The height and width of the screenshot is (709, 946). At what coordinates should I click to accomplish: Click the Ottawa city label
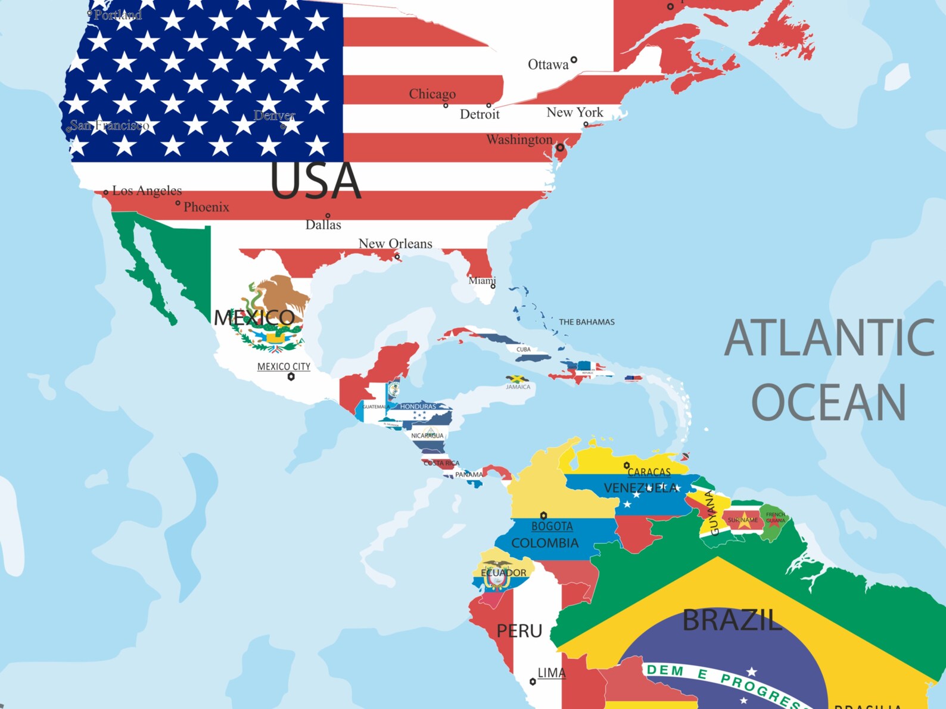pos(548,64)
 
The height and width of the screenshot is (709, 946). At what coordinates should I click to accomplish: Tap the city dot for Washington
pos(560,147)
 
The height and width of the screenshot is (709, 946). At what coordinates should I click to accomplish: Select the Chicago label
pos(432,94)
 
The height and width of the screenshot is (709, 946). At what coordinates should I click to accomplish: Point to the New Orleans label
pos(395,243)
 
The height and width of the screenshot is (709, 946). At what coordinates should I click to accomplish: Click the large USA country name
pos(315,181)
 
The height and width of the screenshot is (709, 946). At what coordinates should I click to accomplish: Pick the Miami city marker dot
pos(493,287)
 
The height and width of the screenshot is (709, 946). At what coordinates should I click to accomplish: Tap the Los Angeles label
pos(147,191)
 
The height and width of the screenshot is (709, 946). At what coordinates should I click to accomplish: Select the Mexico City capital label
pos(284,366)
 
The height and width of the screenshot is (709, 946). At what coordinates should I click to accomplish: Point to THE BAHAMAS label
pos(586,322)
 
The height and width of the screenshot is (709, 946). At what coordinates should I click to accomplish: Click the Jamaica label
pos(518,387)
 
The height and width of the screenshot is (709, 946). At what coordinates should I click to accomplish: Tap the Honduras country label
pos(418,406)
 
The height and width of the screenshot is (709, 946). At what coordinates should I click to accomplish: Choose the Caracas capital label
pos(649,472)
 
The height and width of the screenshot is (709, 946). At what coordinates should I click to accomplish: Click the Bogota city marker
pos(543,515)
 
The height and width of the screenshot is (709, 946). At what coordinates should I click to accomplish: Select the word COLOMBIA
pos(544,543)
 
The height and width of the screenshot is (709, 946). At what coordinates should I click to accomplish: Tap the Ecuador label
pos(503,573)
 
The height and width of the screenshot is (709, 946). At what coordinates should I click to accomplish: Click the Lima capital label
pos(551,673)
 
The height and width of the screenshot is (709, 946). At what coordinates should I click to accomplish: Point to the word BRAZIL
pos(731,620)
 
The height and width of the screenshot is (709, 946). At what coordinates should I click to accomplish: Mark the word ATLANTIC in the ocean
pos(829,338)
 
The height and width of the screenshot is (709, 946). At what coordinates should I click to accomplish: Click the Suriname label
pos(742,520)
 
